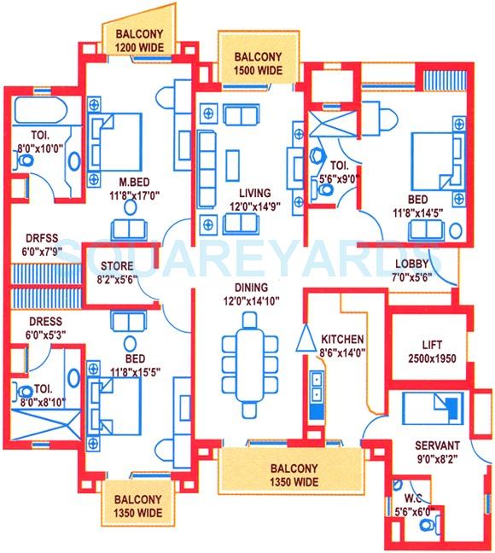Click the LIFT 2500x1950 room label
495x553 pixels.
[x=432, y=347]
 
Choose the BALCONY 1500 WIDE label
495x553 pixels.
[x=258, y=64]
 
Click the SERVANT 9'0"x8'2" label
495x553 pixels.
[x=436, y=451]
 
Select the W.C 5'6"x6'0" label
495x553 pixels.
[x=412, y=504]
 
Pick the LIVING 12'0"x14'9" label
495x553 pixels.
[x=253, y=200]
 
